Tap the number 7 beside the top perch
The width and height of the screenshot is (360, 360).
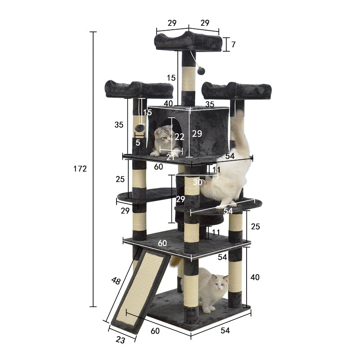coord(233,45)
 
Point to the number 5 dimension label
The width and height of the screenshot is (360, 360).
coord(138,143)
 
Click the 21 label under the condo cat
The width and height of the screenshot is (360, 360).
coord(171,156)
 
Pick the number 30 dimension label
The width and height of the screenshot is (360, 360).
coord(198,183)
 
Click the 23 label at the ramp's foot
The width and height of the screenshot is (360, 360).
coord(120,340)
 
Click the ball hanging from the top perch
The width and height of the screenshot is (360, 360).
coord(201,71)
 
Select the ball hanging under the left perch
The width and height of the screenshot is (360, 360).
coord(140,128)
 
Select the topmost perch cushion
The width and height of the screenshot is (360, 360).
coord(188,42)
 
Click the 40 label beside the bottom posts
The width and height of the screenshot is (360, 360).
coord(255,277)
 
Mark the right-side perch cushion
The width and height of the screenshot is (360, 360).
coord(237,90)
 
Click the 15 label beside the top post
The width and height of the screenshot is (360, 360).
coord(171,78)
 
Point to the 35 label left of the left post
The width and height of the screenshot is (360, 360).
coord(119,125)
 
